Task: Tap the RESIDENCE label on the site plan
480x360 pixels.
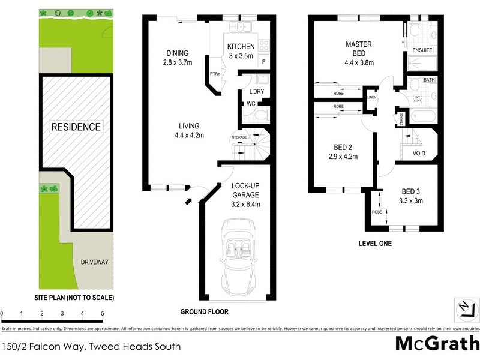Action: coord(76,127)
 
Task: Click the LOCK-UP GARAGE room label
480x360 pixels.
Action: coord(246,190)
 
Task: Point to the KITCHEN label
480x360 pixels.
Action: coord(241,47)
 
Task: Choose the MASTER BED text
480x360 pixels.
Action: coord(359,49)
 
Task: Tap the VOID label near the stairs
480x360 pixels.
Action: coord(419,154)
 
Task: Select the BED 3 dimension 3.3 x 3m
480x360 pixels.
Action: coord(411,201)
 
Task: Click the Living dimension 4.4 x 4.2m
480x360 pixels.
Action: coord(188,135)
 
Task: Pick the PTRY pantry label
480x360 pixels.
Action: coord(214,74)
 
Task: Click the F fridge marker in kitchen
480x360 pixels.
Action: coord(263,63)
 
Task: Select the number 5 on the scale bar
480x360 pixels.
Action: coord(103,314)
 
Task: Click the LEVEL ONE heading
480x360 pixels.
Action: coord(374,243)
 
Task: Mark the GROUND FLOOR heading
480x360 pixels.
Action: coord(205,312)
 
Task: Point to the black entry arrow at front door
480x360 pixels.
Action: coord(188,200)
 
